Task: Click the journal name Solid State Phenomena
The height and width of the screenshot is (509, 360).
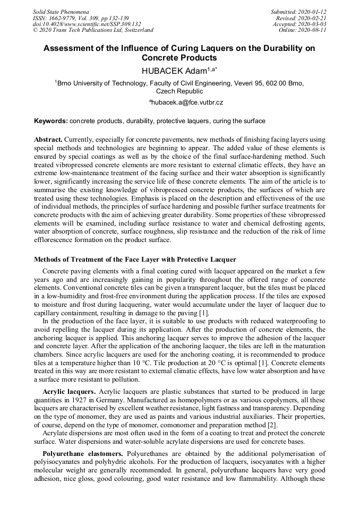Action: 61,11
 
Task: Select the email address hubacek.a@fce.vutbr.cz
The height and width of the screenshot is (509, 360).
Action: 181,102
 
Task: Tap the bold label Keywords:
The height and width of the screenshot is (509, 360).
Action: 51,121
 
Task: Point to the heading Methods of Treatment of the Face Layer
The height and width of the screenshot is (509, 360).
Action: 135,260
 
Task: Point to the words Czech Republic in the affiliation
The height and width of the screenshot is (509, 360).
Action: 179,91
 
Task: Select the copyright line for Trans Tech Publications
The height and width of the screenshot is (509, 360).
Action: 93,30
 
